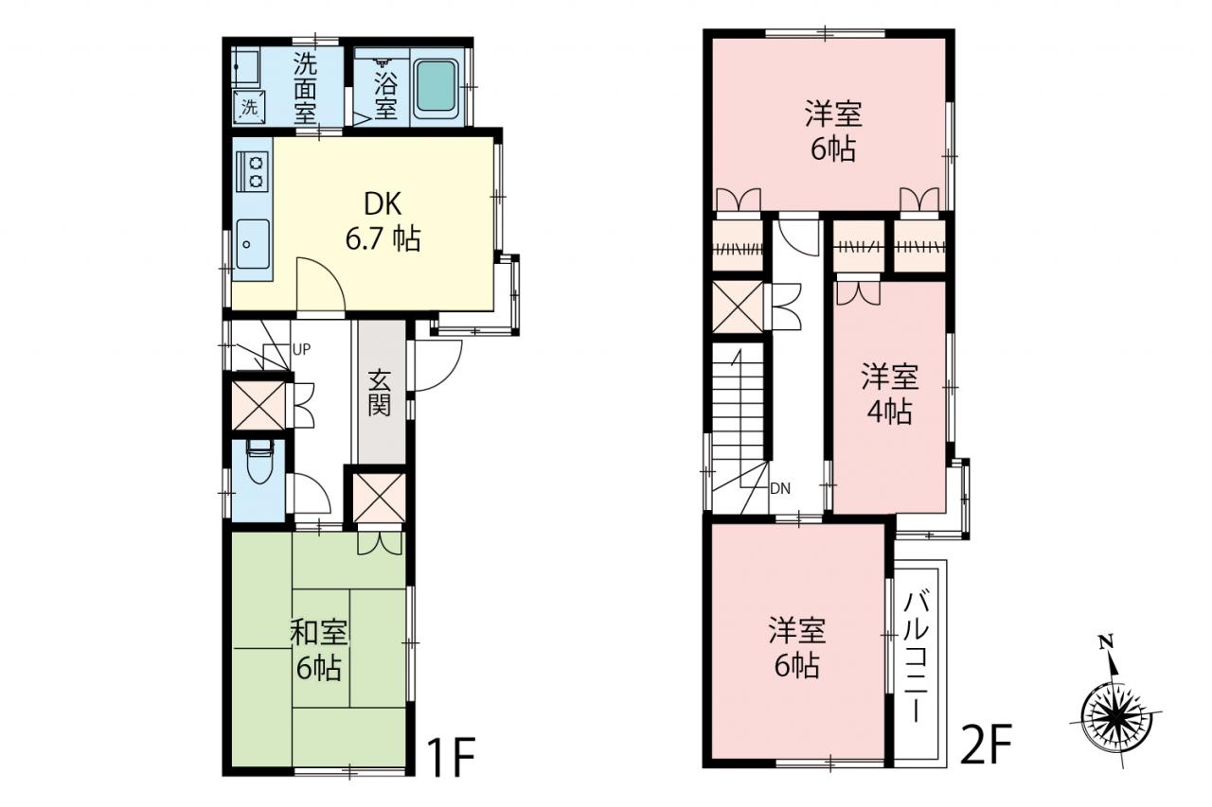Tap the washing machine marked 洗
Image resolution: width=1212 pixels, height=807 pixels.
[x=248, y=107]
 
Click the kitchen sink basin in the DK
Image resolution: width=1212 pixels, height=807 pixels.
[x=252, y=244]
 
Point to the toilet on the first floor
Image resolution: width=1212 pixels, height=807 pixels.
[x=259, y=461]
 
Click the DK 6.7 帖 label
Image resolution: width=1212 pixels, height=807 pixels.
[x=383, y=221]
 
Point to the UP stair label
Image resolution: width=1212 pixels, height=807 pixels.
[x=301, y=350]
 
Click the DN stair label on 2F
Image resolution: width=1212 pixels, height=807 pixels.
[x=779, y=488]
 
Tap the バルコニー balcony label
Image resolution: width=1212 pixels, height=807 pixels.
[x=916, y=658]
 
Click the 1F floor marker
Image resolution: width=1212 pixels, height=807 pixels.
[x=451, y=757]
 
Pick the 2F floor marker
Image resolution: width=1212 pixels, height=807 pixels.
[x=986, y=745]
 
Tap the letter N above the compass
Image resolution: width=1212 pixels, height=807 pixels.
[x=1107, y=642]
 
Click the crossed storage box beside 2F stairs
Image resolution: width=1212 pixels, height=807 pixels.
[x=737, y=307]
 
